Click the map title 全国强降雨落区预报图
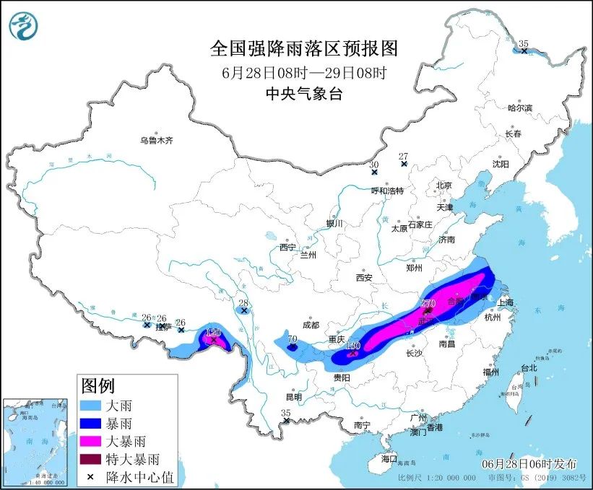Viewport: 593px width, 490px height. [x=303, y=48]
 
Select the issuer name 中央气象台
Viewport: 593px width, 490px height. [x=303, y=93]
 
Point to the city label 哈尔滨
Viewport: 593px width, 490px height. [x=519, y=108]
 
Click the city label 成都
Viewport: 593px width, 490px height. [x=311, y=325]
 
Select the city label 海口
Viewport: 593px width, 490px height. [x=389, y=458]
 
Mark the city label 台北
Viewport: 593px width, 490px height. [x=529, y=367]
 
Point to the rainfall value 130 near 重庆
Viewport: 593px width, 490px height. [x=352, y=346]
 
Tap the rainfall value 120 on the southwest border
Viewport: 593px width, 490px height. [x=213, y=332]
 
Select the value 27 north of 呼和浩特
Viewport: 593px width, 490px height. [x=403, y=156]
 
